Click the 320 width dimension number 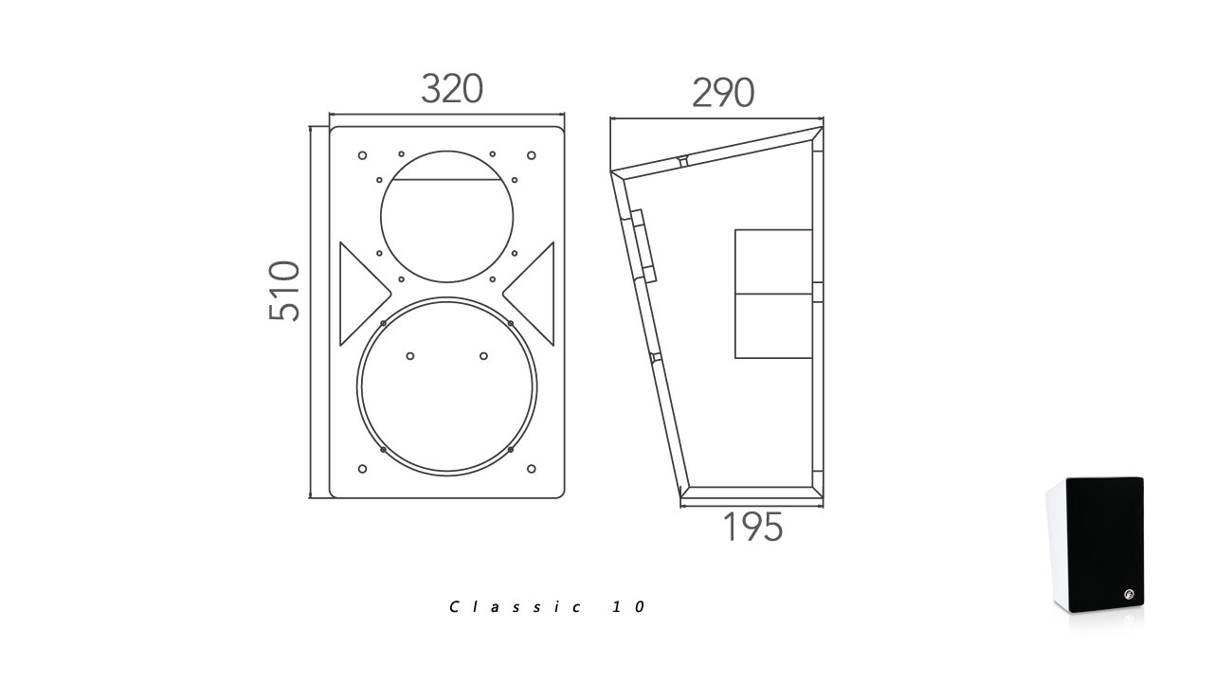[x=452, y=89]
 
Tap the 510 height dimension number [x=284, y=291]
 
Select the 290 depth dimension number [x=723, y=93]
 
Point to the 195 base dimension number [x=753, y=527]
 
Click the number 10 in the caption [x=629, y=607]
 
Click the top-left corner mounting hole [x=363, y=156]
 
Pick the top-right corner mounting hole [x=532, y=156]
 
